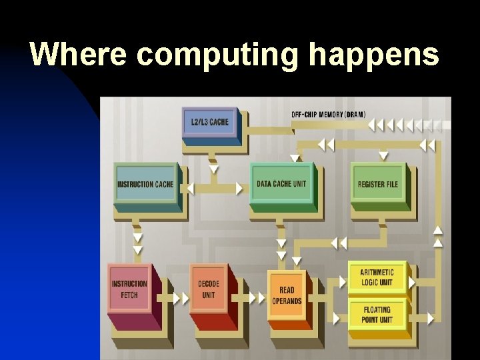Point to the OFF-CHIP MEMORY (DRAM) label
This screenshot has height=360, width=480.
coord(328,114)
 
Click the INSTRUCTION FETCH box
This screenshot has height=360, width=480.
coord(129,289)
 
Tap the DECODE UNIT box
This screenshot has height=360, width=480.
coord(209,289)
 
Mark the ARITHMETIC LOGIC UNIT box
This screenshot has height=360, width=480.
coord(377,277)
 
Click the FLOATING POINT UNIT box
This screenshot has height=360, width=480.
coord(377,315)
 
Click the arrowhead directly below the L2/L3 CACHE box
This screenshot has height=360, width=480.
coord(213,169)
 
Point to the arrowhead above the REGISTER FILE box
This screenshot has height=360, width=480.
coord(383,156)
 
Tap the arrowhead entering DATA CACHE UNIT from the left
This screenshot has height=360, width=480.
coord(240,189)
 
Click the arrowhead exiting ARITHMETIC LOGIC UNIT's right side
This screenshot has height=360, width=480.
coord(412,283)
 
